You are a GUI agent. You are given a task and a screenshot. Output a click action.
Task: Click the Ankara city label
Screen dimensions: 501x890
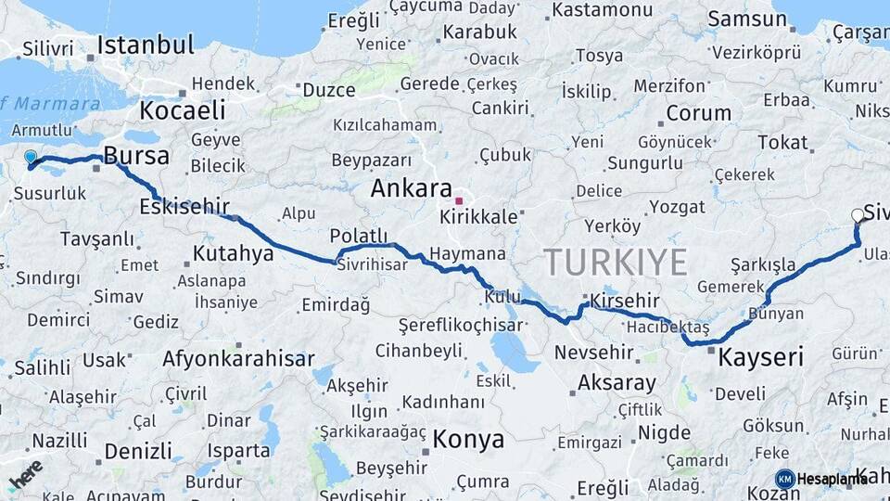[411, 188]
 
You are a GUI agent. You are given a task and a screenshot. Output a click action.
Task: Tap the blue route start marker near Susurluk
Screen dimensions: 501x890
[31, 159]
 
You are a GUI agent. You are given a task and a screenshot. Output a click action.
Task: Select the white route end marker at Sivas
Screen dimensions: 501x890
[858, 215]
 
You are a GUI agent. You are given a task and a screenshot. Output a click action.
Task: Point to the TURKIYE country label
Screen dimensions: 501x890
[615, 262]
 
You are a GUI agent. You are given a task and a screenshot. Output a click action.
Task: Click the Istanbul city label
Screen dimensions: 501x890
[146, 45]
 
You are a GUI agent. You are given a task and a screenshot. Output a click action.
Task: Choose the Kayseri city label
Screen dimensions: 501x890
[761, 357]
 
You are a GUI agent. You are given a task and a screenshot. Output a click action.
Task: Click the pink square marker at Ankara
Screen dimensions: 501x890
[458, 200]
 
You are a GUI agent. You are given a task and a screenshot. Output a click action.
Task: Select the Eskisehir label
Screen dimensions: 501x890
[184, 206]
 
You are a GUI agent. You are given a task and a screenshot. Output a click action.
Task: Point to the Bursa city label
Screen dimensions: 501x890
[136, 155]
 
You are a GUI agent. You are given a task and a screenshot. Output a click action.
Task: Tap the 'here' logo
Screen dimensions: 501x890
[25, 475]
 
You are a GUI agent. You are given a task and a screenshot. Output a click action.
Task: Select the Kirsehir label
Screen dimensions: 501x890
[624, 301]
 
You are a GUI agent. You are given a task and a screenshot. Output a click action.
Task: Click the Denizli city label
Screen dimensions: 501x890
[138, 451]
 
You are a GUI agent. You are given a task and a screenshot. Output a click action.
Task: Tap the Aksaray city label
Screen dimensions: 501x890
[617, 382]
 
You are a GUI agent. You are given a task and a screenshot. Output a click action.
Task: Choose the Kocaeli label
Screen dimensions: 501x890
[183, 110]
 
